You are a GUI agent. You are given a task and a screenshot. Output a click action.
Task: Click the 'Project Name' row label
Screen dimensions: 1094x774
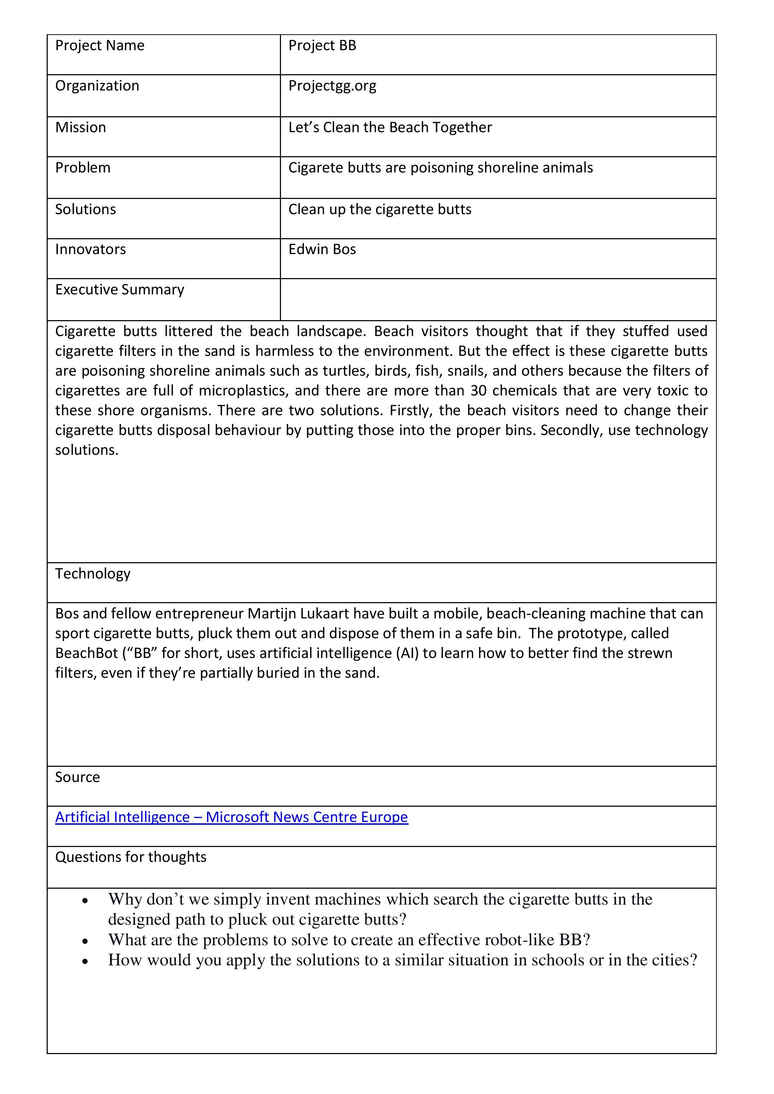click(100, 46)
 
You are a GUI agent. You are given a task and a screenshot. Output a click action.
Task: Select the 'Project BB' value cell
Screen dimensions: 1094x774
click(322, 46)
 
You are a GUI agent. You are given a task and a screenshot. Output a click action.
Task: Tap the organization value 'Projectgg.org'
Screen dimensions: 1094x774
click(332, 86)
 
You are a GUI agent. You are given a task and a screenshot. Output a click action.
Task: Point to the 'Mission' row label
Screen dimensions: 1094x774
click(81, 128)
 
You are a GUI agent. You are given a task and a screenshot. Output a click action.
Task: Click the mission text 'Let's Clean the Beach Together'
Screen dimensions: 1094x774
click(390, 128)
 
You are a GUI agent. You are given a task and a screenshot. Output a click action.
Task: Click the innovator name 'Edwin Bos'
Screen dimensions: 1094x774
click(322, 250)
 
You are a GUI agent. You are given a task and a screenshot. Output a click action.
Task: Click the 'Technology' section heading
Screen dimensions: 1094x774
click(93, 574)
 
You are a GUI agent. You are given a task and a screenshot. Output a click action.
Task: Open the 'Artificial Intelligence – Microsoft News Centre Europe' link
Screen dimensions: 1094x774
click(231, 817)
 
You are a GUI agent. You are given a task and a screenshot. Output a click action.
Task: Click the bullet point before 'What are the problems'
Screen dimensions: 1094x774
click(85, 942)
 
